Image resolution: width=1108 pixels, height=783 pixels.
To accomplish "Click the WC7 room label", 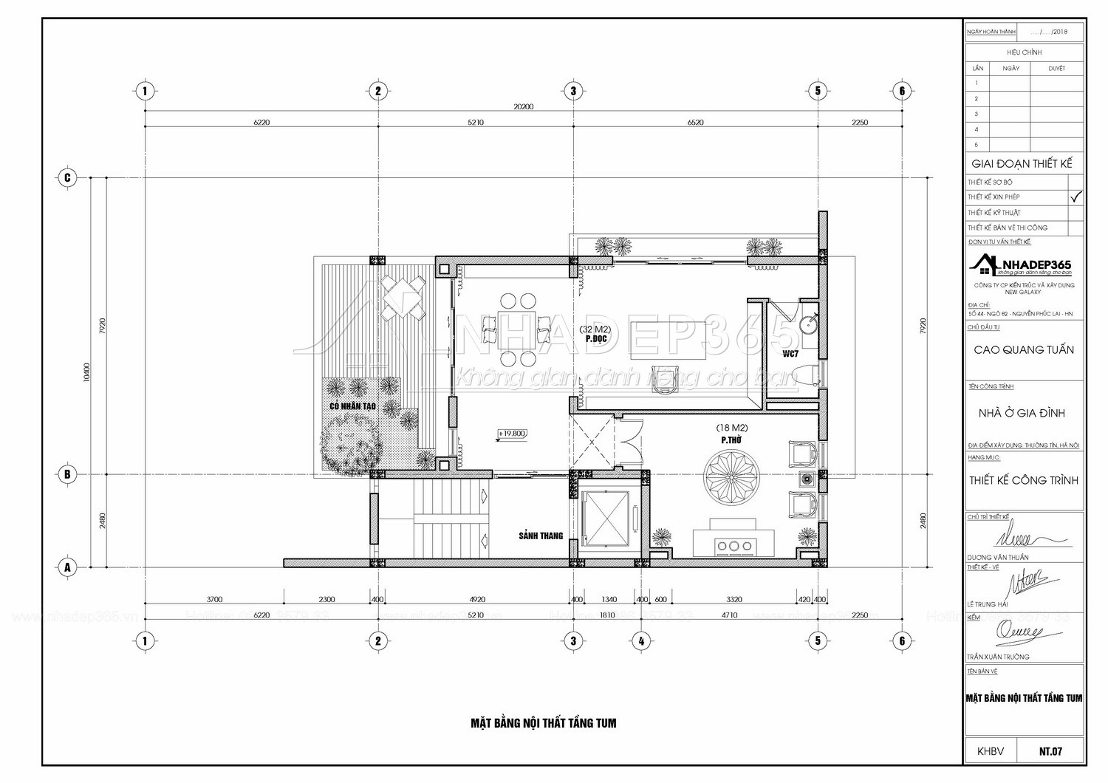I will pos(790,354).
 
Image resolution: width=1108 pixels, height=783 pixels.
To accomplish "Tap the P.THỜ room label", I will pos(731,440).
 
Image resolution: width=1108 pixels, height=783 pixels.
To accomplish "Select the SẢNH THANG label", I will pos(541,536).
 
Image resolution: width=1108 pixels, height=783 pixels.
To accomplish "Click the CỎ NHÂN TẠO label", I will pos(352,407).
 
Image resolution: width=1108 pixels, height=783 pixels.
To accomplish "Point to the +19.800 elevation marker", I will pos(511,434).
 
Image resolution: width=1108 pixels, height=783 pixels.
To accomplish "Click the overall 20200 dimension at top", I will pos(523,106).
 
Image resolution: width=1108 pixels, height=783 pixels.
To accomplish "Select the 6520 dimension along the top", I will pos(695,123).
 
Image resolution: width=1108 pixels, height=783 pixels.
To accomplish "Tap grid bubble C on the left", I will pos(67,178).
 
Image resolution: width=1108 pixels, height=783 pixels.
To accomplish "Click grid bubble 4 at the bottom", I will pos(641,640).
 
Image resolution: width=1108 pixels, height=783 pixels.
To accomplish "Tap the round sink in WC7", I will pos(807,323).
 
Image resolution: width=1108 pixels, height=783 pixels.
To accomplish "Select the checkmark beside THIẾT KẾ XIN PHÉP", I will pos(1076,197).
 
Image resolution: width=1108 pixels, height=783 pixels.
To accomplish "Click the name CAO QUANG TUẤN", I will pos(1024,349).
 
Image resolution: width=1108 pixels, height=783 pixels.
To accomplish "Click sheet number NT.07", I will pos(1050,751).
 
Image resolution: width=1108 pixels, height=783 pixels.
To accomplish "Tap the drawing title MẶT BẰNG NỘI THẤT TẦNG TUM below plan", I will pos(543,723).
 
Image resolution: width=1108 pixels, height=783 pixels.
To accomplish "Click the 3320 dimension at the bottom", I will pos(733,600).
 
